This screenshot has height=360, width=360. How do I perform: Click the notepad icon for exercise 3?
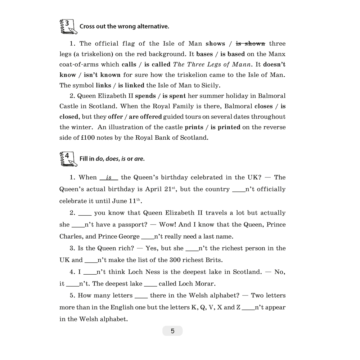67,26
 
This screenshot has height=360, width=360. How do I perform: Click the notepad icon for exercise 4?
67,159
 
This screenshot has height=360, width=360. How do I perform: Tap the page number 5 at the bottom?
172,331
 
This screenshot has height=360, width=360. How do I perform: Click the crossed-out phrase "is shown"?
251,44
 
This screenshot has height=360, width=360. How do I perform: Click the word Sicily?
206,85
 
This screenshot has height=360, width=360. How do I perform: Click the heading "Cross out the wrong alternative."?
124,26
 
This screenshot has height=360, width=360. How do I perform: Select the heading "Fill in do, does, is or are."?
112,159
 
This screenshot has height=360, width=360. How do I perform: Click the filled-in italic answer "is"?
109,177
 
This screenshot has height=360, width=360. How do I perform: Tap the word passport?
131,225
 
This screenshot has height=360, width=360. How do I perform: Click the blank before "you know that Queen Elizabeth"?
85,213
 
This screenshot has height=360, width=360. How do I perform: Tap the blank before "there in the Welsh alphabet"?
141,296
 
